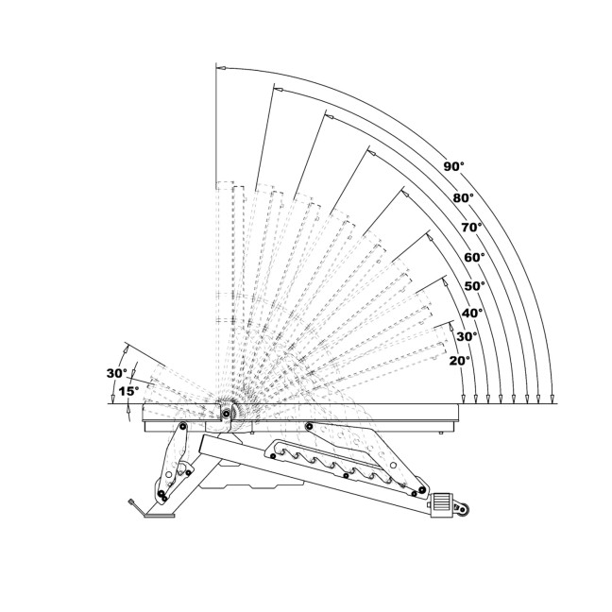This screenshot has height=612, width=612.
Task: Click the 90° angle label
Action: (x=454, y=166)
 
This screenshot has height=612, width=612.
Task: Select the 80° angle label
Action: (x=464, y=198)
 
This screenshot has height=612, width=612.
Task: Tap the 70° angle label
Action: (x=471, y=228)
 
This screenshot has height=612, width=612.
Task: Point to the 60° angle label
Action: (x=474, y=257)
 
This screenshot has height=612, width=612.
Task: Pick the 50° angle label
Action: (x=474, y=285)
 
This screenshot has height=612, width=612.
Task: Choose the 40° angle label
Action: (x=472, y=313)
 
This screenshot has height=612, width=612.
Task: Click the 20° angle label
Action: (x=460, y=360)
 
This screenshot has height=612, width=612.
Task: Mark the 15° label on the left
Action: (x=128, y=390)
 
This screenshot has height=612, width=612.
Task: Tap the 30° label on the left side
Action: (x=116, y=373)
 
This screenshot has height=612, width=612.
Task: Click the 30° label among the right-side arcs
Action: (x=467, y=336)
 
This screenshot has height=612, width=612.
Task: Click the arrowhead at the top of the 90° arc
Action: (x=221, y=69)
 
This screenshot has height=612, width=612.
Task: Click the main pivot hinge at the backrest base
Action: (x=227, y=412)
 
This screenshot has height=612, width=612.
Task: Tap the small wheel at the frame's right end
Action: (x=462, y=511)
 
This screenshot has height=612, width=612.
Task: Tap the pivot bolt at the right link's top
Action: (x=310, y=426)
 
